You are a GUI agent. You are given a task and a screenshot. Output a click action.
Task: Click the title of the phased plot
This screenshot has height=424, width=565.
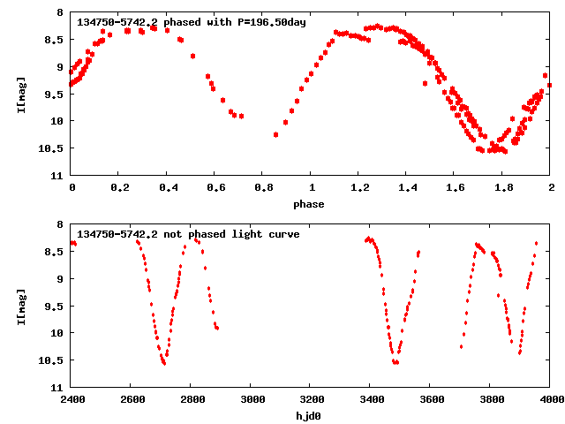click(192, 22)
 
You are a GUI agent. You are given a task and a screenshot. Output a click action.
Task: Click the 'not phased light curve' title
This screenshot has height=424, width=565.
click(188, 234)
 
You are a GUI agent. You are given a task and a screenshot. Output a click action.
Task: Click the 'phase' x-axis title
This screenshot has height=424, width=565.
click(310, 204)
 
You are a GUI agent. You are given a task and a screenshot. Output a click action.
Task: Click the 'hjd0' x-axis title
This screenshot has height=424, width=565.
click(310, 416)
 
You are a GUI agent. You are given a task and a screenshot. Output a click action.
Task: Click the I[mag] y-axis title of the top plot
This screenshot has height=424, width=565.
click(21, 94)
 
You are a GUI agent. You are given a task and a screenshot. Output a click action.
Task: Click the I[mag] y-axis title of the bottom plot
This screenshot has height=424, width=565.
click(21, 306)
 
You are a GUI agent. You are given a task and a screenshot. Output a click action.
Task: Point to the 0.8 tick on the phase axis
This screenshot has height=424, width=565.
click(262, 187)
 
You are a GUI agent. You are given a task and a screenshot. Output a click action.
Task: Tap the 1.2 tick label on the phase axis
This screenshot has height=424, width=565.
click(358, 187)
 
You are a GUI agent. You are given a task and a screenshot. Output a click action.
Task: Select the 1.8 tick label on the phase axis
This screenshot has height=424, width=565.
click(502, 187)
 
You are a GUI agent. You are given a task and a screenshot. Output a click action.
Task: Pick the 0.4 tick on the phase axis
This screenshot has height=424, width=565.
click(167, 187)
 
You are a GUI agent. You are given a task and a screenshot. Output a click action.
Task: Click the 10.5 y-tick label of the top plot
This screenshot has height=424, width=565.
click(53, 148)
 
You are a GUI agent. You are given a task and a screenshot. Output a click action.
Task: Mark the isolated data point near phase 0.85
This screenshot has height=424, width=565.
click(276, 134)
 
